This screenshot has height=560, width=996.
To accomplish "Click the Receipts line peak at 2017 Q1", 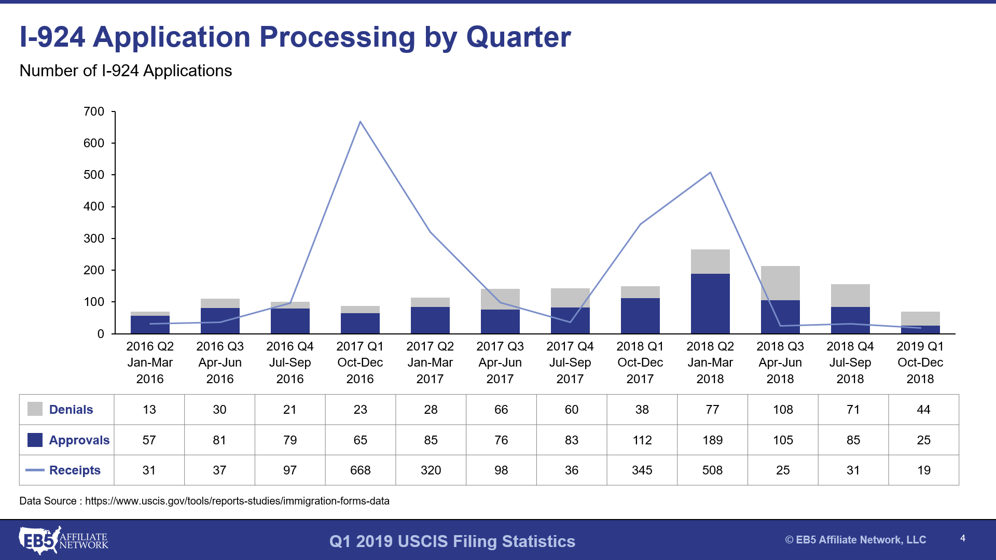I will (360, 122).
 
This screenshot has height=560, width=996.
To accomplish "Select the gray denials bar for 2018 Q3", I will (780, 283).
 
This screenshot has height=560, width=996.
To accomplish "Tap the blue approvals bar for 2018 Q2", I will (710, 303).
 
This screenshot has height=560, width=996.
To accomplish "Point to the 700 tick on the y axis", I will (94, 111).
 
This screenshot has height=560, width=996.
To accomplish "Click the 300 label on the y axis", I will (94, 239).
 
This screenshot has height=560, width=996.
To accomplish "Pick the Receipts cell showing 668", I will (360, 470).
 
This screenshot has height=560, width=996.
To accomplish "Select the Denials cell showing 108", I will (783, 410).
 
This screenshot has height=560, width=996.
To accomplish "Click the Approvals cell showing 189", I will (712, 440).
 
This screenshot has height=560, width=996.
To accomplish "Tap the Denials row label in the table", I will (71, 410).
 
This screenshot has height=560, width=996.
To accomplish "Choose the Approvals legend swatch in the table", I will (35, 440).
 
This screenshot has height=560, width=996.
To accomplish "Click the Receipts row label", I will (75, 470).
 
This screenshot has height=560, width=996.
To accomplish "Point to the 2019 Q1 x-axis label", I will (920, 362).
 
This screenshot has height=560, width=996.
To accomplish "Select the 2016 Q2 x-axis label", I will (150, 362).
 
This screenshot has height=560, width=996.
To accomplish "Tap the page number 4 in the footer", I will (963, 538).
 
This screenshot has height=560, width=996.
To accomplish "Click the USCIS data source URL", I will (237, 501).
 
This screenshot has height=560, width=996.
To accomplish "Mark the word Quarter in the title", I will (518, 37).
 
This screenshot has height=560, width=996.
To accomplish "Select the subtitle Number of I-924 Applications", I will (126, 71).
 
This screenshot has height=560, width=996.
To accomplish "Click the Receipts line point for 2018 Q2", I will (710, 173).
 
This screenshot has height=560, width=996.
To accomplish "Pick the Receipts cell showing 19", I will (923, 470).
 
